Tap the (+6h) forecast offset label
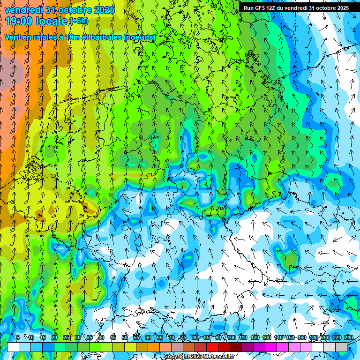79,21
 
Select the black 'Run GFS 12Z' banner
296,8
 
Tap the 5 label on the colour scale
18,337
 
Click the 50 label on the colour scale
124,337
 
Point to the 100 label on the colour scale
232,337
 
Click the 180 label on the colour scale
313,337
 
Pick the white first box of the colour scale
13,347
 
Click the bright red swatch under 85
212,347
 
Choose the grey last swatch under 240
341,347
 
